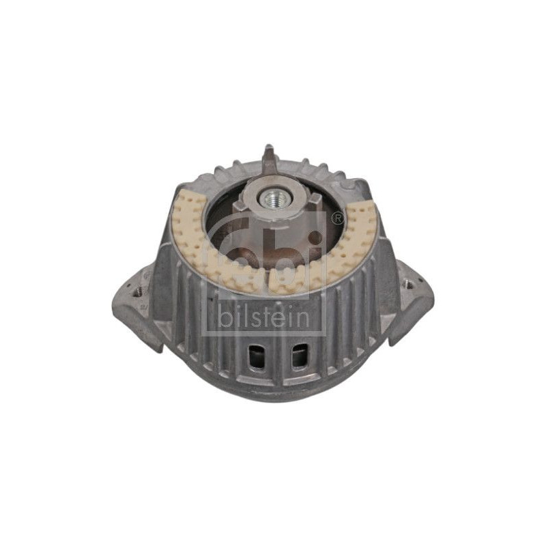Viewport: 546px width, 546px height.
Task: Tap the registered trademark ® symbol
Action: pos(337,218)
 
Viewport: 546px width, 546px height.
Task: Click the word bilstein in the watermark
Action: pos(264,318)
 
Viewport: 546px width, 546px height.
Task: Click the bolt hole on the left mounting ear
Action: pos(139,291)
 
